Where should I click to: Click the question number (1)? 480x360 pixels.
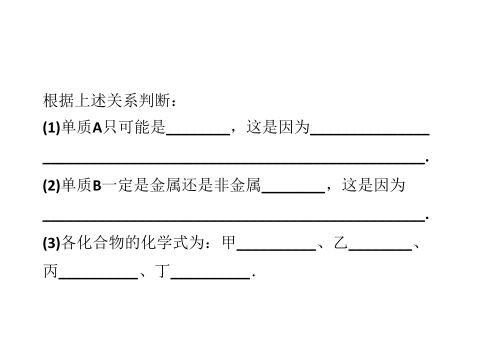click(51, 127)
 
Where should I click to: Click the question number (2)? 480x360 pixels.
click(51, 185)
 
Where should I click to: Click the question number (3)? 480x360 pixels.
click(51, 243)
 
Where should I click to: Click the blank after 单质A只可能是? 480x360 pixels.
click(198, 134)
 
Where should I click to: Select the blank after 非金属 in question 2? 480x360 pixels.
click(293, 192)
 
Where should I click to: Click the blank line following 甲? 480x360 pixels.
click(276, 250)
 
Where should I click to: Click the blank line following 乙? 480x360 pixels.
click(380, 250)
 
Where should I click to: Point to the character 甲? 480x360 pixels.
click(229, 243)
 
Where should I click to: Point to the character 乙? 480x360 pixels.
click(340, 243)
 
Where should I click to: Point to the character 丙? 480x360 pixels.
click(50, 271)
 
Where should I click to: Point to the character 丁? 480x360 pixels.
click(162, 271)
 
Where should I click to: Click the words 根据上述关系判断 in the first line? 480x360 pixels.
click(106, 100)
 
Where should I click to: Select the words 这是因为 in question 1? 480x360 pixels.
click(278, 127)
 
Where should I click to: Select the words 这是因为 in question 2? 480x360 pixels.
click(373, 185)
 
